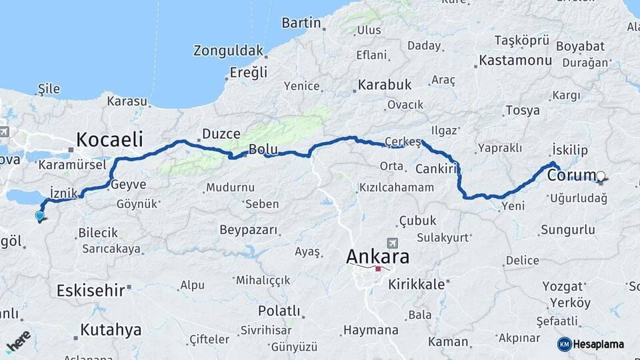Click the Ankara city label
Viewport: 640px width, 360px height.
(x=378, y=256)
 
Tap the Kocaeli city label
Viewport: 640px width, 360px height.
(x=110, y=139)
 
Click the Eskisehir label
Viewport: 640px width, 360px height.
(x=91, y=291)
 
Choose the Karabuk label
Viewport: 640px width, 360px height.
(x=385, y=85)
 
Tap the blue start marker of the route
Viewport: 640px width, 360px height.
(x=39, y=215)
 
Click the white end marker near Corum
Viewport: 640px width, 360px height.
(x=601, y=177)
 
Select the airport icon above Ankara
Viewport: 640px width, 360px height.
(x=392, y=244)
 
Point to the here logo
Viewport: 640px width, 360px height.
(x=18, y=341)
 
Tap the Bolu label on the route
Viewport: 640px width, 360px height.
(x=262, y=148)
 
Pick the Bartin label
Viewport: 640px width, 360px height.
(x=301, y=23)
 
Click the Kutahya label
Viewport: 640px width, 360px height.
(x=111, y=329)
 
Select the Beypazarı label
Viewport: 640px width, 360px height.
(x=248, y=229)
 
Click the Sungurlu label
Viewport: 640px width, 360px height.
(x=567, y=230)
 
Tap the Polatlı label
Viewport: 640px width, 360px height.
(x=279, y=311)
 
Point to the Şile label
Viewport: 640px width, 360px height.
(x=49, y=89)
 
